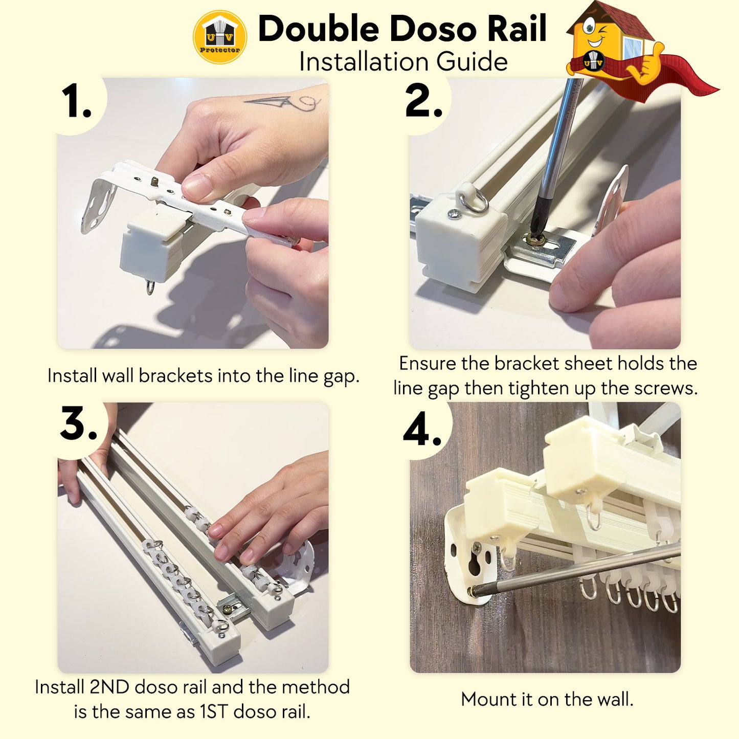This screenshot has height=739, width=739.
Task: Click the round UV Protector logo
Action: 220,37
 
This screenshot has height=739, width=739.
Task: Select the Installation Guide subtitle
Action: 404,61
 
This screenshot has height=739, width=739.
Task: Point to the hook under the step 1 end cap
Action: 151,287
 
